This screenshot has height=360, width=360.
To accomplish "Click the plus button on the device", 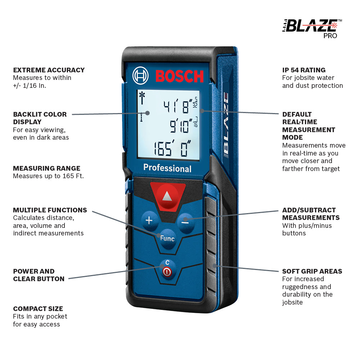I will pyautogui.click(x=149, y=220).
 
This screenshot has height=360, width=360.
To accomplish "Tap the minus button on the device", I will pyautogui.click(x=185, y=221).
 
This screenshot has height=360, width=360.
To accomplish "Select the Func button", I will pyautogui.click(x=167, y=238).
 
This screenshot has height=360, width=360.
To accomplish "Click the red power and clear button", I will pyautogui.click(x=167, y=271).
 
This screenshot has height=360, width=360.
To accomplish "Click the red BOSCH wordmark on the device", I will pyautogui.click(x=179, y=76).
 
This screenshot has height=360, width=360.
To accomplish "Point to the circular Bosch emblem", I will pyautogui.click(x=140, y=76).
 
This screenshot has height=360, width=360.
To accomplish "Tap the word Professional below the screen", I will pyautogui.click(x=167, y=168).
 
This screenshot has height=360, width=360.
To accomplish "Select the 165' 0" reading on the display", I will pyautogui.click(x=173, y=149).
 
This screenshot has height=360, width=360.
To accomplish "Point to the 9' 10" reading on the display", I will pyautogui.click(x=181, y=127).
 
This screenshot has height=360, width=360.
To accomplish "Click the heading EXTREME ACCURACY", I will pyautogui.click(x=49, y=70).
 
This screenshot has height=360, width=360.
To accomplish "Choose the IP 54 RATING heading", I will pyautogui.click(x=303, y=70).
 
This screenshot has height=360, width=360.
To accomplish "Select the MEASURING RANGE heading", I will pyautogui.click(x=46, y=168).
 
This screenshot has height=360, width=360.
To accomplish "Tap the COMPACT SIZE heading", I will pyautogui.click(x=38, y=309).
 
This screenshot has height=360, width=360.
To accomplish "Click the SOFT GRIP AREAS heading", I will pyautogui.click(x=312, y=271).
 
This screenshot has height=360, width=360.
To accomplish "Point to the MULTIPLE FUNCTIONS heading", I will pyautogui.click(x=50, y=210).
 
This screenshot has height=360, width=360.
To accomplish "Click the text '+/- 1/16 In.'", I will pyautogui.click(x=30, y=86).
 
